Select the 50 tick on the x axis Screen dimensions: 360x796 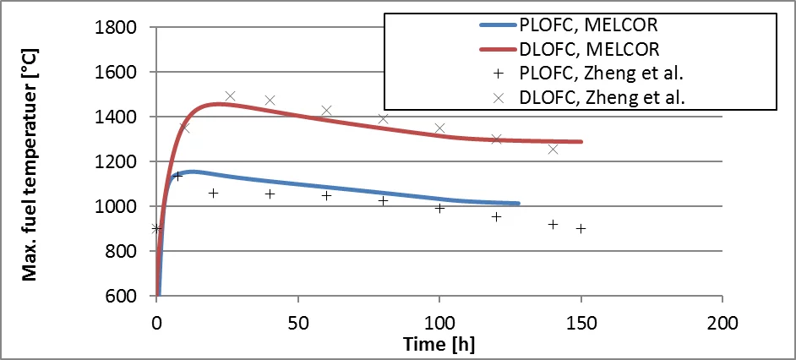(x=297, y=322)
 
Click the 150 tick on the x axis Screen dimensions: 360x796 (x=581, y=322)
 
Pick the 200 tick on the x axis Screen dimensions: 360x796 (x=722, y=322)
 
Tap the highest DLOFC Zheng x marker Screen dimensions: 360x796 (x=230, y=96)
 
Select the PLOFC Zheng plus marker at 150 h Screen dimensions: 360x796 (x=581, y=228)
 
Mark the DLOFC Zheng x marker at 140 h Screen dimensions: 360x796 (x=553, y=150)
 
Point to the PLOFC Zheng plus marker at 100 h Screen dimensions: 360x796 (x=439, y=207)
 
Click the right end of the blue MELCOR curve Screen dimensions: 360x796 (x=518, y=204)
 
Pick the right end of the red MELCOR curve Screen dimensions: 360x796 (x=581, y=141)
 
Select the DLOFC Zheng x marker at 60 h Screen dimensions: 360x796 (x=326, y=111)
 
